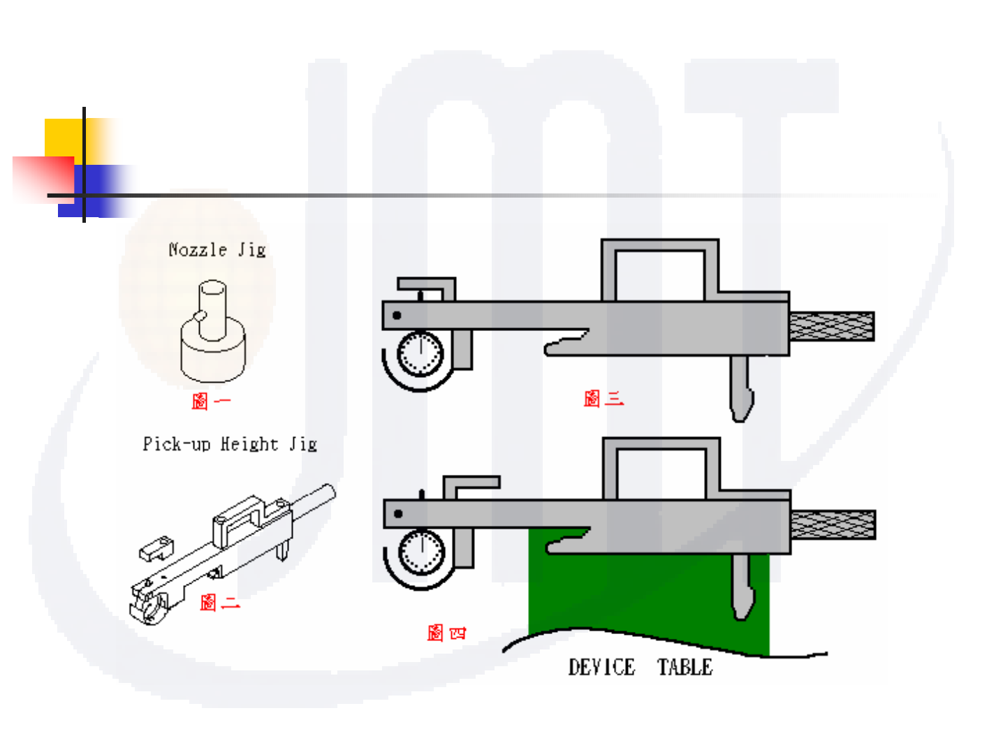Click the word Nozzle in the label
point(198,250)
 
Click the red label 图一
point(210,401)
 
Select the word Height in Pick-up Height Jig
point(249,444)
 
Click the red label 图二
point(219,602)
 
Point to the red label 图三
point(603,399)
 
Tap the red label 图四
point(446,633)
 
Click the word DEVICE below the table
point(601,668)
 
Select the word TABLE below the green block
point(684,668)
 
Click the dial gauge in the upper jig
point(420,353)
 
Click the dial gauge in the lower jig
point(421,552)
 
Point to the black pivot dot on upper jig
point(397,316)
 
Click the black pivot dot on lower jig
point(398,514)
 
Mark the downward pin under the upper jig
point(741,388)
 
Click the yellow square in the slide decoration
point(63,137)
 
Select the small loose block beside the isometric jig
point(155,550)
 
